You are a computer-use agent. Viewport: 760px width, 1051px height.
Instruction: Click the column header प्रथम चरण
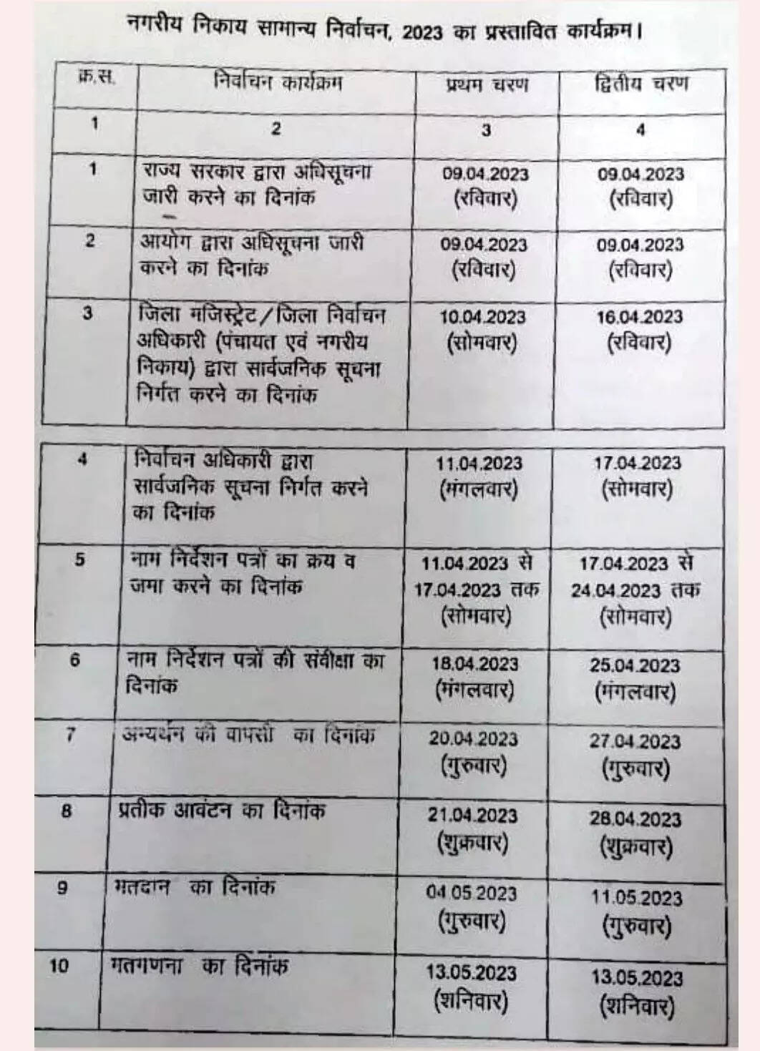[487, 85]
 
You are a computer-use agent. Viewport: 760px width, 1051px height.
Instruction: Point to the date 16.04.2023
[639, 317]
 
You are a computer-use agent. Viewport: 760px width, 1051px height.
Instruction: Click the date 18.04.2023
[474, 663]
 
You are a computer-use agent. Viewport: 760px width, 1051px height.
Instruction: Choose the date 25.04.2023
[634, 665]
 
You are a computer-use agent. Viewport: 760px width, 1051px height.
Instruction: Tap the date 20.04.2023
[473, 738]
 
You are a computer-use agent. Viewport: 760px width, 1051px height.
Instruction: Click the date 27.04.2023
[635, 741]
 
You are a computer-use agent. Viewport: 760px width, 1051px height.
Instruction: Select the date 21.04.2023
[472, 816]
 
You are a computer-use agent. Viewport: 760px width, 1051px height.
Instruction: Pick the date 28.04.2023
[635, 818]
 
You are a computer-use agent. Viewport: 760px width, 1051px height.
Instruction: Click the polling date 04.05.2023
[471, 893]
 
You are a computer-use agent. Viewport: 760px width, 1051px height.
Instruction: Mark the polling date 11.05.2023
[635, 897]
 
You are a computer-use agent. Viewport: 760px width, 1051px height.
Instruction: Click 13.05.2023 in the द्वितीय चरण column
[636, 977]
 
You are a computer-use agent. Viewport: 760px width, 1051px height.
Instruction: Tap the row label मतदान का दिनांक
[194, 888]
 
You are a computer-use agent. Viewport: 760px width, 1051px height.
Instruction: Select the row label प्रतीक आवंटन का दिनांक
[221, 811]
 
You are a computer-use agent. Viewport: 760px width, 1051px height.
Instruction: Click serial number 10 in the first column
[60, 965]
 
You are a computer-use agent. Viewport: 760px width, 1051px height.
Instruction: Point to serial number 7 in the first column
[71, 734]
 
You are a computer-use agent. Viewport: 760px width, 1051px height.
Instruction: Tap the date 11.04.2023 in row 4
[479, 464]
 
